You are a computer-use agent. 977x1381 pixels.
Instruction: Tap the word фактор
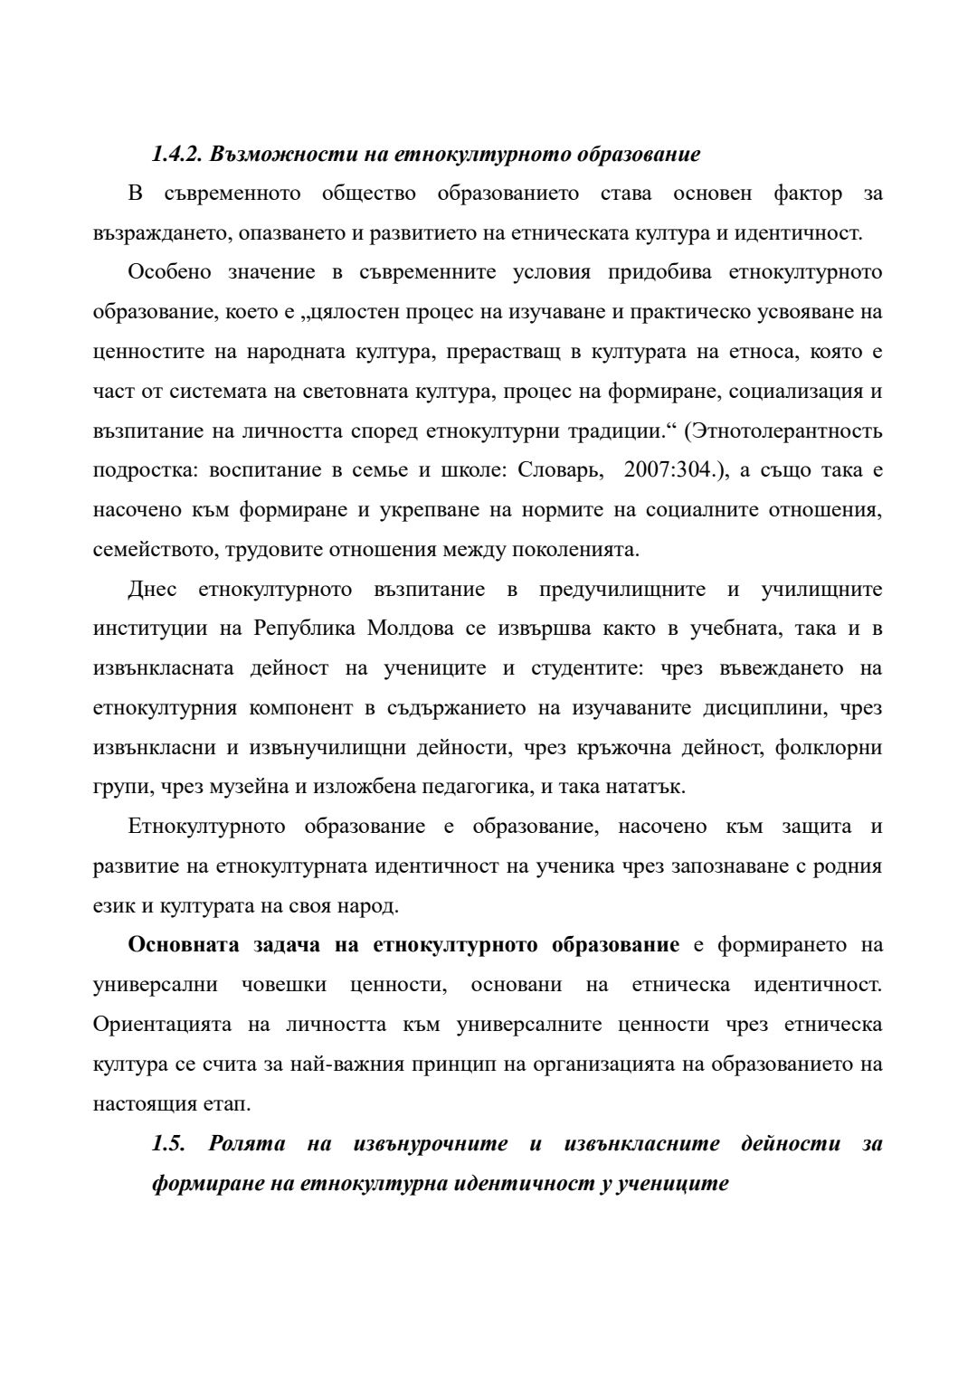pyautogui.click(x=809, y=193)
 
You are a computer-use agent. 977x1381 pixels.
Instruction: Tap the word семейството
pyautogui.click(x=153, y=549)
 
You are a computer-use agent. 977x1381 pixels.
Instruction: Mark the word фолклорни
pyautogui.click(x=829, y=747)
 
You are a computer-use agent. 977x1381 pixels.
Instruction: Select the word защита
pyautogui.click(x=816, y=827)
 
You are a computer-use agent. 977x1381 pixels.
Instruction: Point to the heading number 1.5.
pyautogui.click(x=169, y=1143)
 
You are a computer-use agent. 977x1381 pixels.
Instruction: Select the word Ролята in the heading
pyautogui.click(x=247, y=1143)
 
